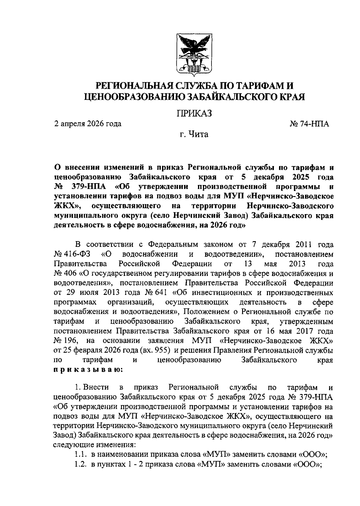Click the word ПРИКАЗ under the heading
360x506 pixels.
pos(194,113)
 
